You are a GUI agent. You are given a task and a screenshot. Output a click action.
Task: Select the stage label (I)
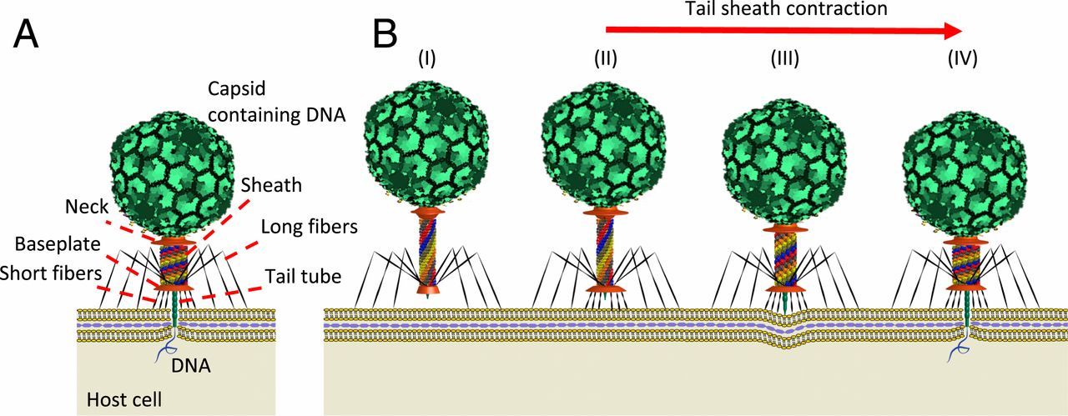[427, 59]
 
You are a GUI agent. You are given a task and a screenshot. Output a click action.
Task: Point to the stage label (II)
[606, 59]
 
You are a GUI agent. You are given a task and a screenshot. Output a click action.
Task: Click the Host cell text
[124, 400]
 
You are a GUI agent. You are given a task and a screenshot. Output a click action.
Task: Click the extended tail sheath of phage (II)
[606, 250]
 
